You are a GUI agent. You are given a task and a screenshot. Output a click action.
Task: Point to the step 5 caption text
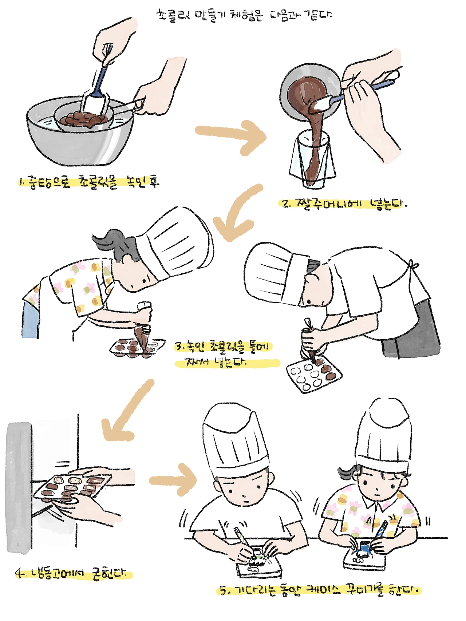pos(320,590)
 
